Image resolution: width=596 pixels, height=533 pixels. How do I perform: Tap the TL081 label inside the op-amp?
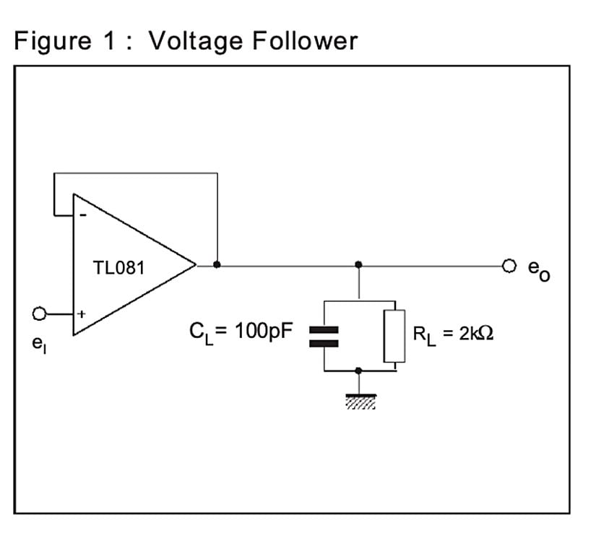(x=119, y=268)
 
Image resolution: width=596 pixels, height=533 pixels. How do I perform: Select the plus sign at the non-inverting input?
(x=82, y=314)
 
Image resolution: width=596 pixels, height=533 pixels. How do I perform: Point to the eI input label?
(x=38, y=344)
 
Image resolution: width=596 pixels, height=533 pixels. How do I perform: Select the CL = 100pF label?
(x=241, y=332)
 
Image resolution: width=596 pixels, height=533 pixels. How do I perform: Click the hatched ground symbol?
(x=359, y=401)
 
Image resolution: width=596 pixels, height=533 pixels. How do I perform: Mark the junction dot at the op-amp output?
(x=217, y=265)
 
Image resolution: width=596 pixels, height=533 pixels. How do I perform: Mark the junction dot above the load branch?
(x=359, y=265)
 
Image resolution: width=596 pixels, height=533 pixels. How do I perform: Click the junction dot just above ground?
(x=359, y=370)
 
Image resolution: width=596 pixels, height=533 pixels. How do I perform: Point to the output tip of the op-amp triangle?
(x=195, y=265)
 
